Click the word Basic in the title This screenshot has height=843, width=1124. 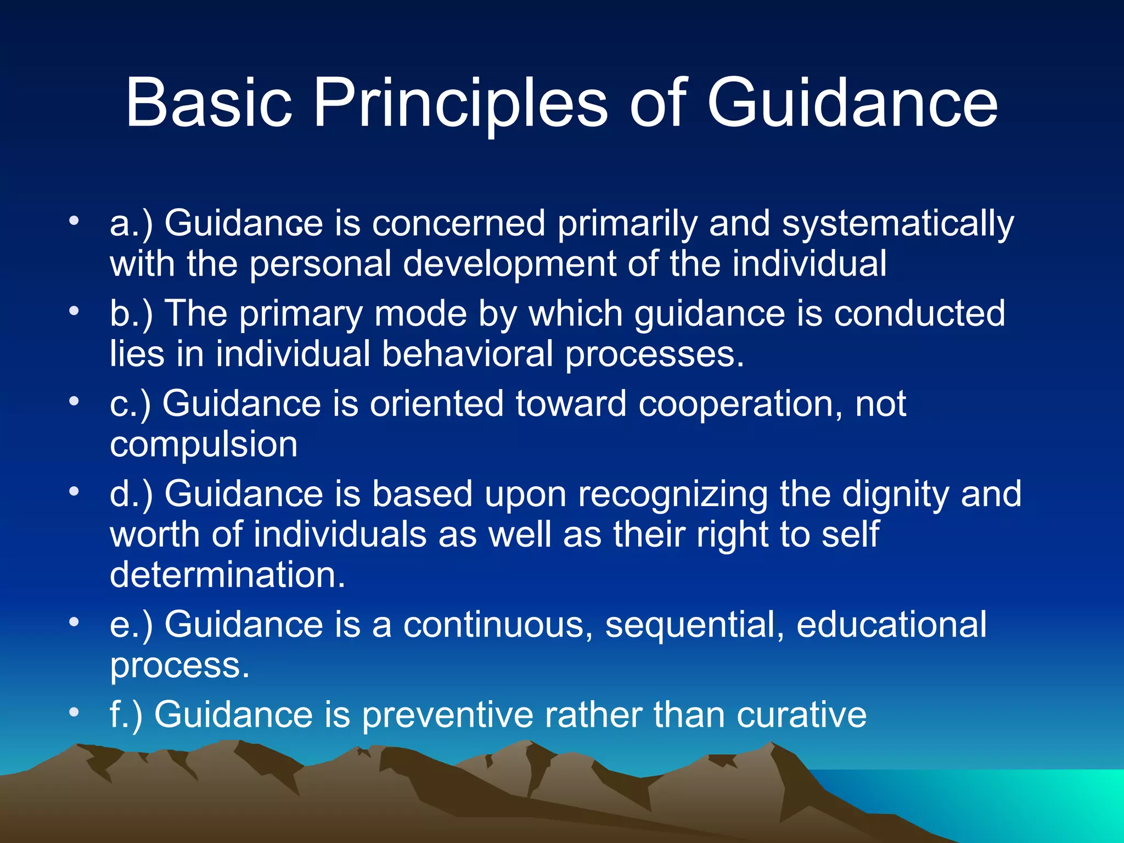[x=209, y=103]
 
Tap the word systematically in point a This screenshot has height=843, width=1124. [x=898, y=224]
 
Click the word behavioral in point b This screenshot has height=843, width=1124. [x=467, y=354]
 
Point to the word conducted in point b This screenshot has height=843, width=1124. [x=919, y=313]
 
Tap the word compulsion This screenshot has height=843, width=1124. [x=204, y=445]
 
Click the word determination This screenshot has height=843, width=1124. [x=228, y=575]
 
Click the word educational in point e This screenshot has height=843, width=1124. [x=891, y=625]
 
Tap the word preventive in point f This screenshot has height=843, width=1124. [x=447, y=715]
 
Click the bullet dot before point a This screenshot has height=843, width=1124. [x=74, y=222]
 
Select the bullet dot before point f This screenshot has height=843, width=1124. [x=74, y=713]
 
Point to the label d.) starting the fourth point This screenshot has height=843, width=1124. [x=131, y=494]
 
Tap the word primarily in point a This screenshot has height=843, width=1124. [x=627, y=224]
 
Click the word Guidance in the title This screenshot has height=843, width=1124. [x=852, y=103]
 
